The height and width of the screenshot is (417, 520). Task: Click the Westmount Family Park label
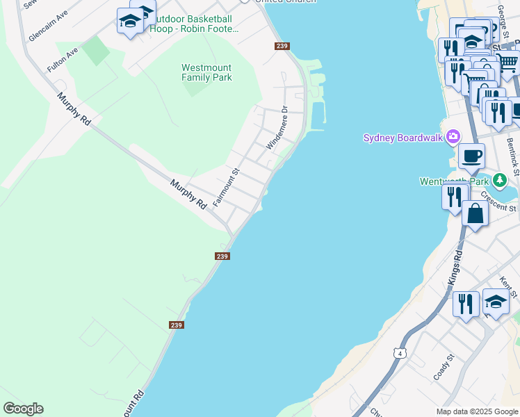pyautogui.click(x=206, y=72)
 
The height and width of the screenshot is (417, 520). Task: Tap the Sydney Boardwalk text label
pyautogui.click(x=403, y=138)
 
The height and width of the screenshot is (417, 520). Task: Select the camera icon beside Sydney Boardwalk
pyautogui.click(x=454, y=136)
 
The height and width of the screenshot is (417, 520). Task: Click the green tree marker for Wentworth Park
pyautogui.click(x=500, y=181)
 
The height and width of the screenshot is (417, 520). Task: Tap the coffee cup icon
pyautogui.click(x=471, y=156)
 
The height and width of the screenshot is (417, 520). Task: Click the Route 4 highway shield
pyautogui.click(x=400, y=354)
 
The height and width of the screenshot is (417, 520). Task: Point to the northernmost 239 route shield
pyautogui.click(x=282, y=46)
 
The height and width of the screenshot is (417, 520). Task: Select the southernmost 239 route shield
pyautogui.click(x=177, y=325)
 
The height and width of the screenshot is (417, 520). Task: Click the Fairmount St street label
pyautogui.click(x=226, y=187)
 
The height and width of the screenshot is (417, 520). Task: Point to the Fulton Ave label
pyautogui.click(x=63, y=60)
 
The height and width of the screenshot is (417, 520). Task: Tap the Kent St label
pyautogui.click(x=509, y=284)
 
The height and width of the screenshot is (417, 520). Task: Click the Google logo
pyautogui.click(x=23, y=409)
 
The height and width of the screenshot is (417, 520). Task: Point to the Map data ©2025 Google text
pyautogui.click(x=477, y=411)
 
